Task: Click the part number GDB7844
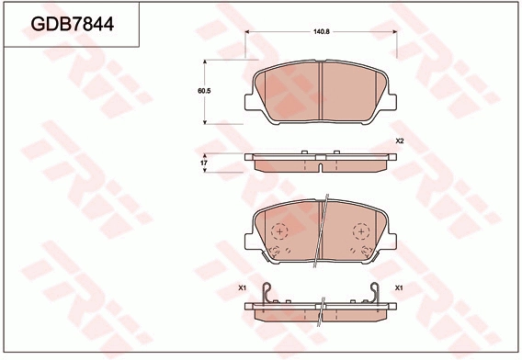coord(73,24)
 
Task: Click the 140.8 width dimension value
coord(322,32)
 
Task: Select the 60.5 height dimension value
coord(204,91)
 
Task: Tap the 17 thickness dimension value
coord(204,163)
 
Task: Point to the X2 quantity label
coord(400,141)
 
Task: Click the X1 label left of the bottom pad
coord(242,288)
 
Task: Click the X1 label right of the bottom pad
coord(399,288)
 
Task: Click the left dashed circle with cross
coord(279,231)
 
